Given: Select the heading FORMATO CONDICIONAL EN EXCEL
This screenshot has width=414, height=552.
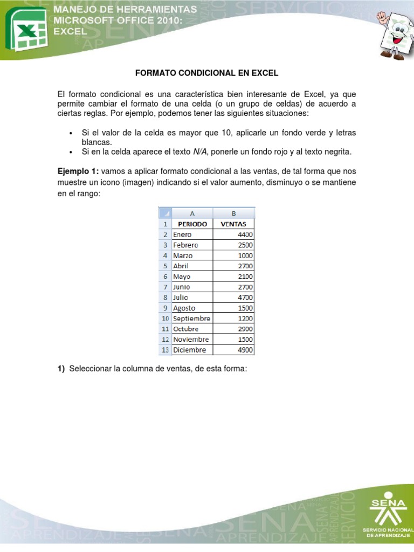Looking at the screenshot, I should click(x=206, y=72).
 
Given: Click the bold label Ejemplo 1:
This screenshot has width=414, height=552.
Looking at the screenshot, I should click(x=78, y=171).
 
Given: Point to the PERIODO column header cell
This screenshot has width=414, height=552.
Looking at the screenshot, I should click(x=192, y=224).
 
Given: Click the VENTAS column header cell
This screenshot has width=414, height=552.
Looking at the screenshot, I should click(x=233, y=224).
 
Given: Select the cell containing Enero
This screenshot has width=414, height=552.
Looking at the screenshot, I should click(x=192, y=234).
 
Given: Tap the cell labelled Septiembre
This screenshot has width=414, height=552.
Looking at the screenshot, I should click(x=192, y=318).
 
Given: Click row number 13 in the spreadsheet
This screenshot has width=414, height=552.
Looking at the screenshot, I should click(x=164, y=350).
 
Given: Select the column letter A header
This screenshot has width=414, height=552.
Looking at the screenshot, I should click(x=192, y=213).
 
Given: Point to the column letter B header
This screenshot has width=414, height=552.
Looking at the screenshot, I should click(x=233, y=213).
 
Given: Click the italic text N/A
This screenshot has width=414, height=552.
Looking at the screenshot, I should click(x=200, y=152).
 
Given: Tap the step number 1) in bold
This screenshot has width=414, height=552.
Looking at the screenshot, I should click(x=61, y=368).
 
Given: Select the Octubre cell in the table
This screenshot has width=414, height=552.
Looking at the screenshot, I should click(x=192, y=329).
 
